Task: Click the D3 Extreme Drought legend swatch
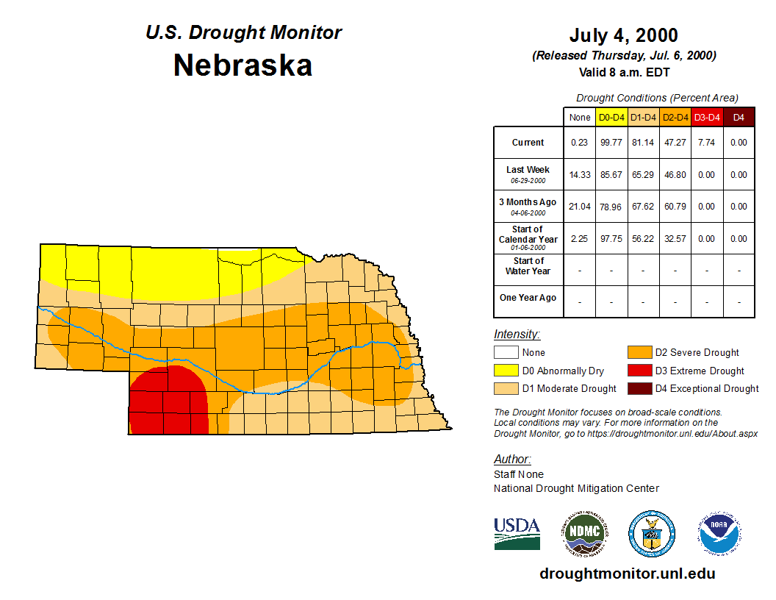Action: click(639, 371)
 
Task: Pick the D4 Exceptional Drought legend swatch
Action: click(639, 389)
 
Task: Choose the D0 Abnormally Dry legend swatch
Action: click(506, 371)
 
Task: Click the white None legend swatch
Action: click(506, 353)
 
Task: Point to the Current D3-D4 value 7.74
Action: click(707, 143)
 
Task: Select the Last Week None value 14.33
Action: click(580, 175)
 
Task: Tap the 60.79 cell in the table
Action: click(675, 207)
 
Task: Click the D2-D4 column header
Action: click(675, 117)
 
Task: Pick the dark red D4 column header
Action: click(739, 117)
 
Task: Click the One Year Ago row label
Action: click(528, 298)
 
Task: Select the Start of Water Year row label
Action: click(528, 266)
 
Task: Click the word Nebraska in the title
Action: click(242, 65)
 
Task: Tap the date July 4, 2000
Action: click(623, 35)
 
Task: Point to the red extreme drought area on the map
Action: click(168, 401)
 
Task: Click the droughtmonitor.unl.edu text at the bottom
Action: click(627, 574)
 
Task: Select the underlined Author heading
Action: click(512, 460)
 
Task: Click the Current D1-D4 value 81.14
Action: click(643, 143)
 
